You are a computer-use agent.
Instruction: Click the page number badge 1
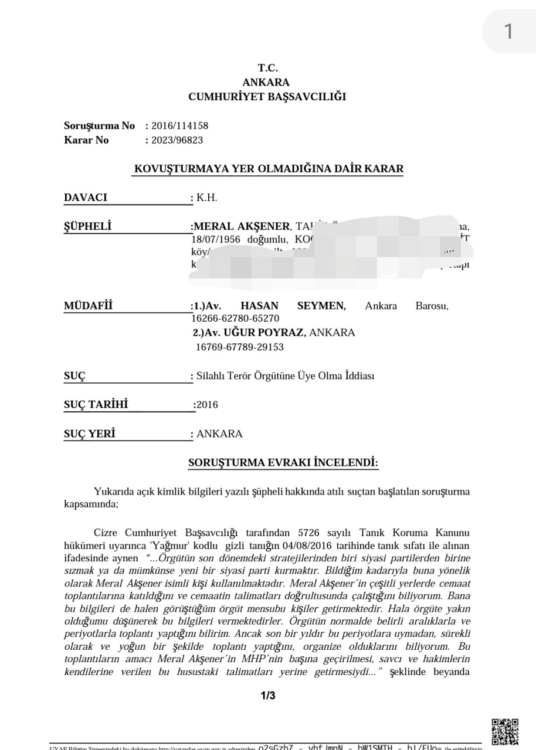508,32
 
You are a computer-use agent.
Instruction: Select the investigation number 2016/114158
179,125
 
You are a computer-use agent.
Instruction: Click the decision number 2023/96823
177,140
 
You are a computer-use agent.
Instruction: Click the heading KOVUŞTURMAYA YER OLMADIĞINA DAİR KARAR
269,169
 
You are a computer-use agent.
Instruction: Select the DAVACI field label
86,197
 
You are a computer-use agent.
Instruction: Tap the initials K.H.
207,197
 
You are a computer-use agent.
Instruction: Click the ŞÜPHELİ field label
87,226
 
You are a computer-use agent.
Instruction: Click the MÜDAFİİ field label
88,306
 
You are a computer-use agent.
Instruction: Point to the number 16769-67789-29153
239,347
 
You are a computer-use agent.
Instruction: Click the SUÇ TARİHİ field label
96,404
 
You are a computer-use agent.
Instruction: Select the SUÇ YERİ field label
89,434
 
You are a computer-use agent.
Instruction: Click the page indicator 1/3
267,696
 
